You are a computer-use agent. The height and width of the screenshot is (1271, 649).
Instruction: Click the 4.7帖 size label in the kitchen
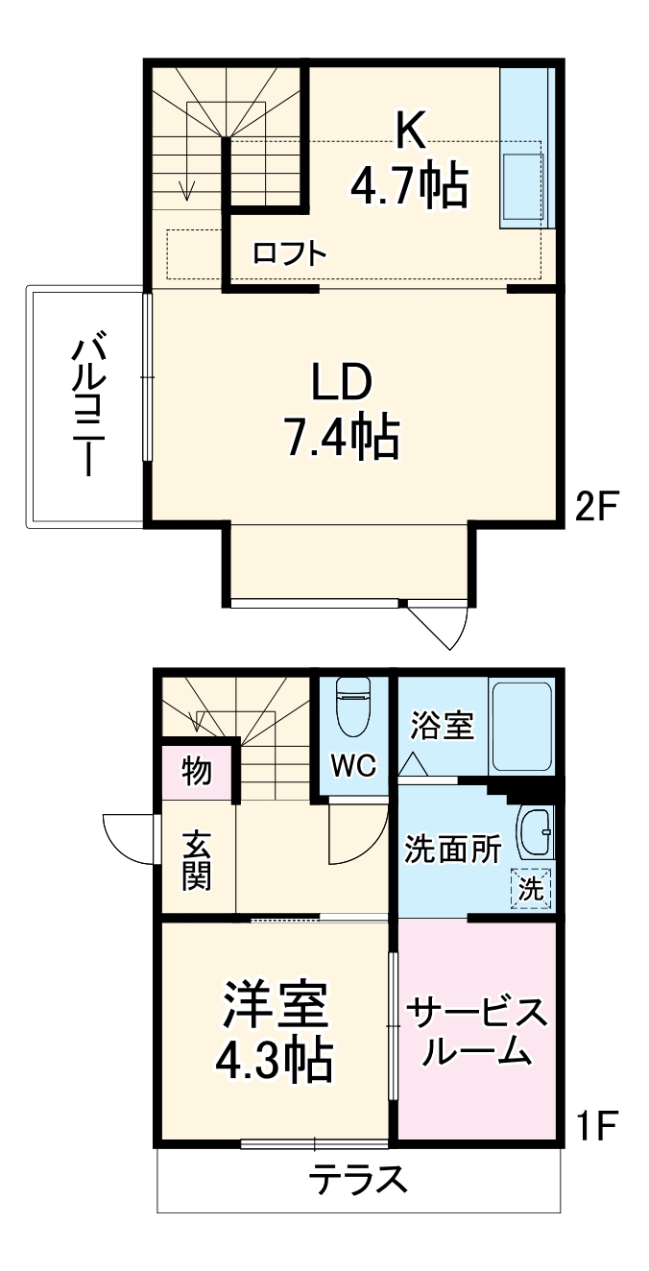409,185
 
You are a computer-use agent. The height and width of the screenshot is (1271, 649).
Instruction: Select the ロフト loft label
290,253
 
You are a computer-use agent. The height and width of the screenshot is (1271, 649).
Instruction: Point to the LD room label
340,383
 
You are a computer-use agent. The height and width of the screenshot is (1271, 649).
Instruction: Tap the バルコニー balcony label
87,405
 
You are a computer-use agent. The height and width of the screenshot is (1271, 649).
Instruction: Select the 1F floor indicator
600,1124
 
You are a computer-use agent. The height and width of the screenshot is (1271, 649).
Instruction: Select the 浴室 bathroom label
443,726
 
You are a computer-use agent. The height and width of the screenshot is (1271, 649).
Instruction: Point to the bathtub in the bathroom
521,726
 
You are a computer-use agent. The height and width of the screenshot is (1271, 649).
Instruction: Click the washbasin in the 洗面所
534,831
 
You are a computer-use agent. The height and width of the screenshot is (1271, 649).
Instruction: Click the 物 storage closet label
197,770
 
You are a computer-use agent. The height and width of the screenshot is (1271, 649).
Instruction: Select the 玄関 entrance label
197,860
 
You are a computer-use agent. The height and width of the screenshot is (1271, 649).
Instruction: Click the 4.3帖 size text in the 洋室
274,1060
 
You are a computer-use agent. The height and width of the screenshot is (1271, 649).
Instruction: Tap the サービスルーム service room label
477,1032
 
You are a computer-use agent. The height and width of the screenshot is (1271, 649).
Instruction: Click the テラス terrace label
358,1180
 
